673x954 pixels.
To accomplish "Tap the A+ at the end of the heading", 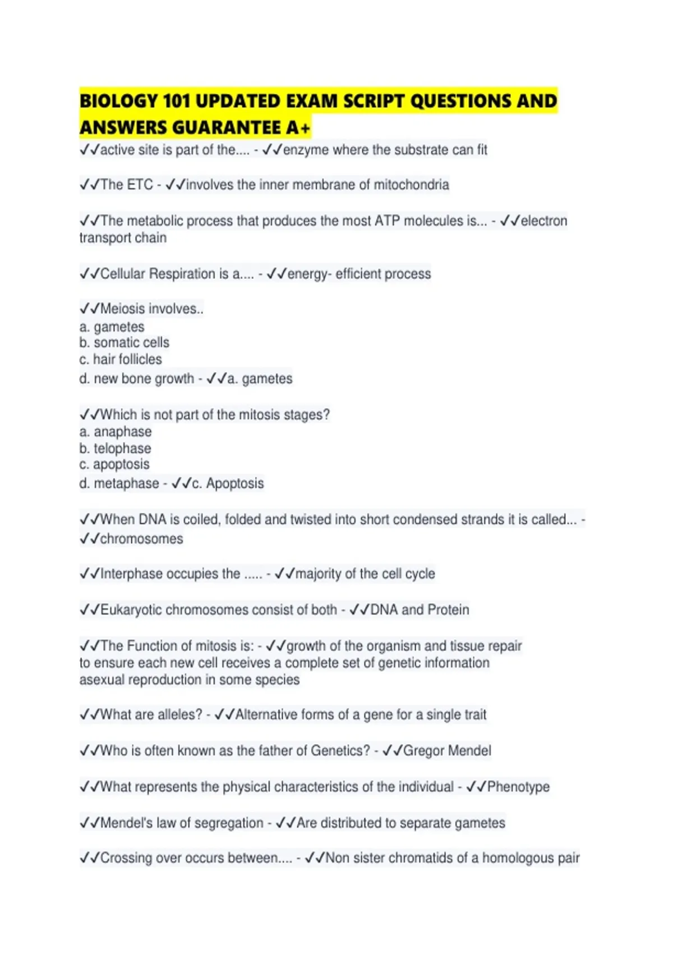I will (298, 128).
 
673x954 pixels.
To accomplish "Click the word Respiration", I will (182, 274).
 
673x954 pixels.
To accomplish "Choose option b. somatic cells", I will (124, 342).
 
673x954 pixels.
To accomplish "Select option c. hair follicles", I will (121, 359).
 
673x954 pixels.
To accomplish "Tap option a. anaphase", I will (116, 432).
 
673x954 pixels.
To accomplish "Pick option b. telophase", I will (115, 448).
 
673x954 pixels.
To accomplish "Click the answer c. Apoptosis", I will (228, 483).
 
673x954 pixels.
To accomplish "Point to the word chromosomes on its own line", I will (141, 539).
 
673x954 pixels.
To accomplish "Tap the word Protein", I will (448, 609).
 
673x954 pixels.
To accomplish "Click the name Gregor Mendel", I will (447, 751).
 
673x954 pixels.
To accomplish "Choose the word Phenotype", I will (518, 787).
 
